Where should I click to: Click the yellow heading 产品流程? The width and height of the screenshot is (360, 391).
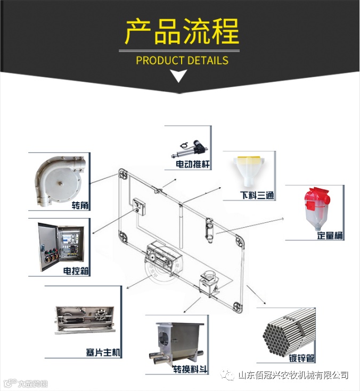(182, 32)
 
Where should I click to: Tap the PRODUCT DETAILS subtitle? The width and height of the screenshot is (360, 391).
(182, 60)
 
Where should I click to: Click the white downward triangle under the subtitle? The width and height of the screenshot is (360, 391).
(180, 77)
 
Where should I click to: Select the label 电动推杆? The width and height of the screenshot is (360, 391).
(193, 165)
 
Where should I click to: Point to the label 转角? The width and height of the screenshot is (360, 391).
(79, 205)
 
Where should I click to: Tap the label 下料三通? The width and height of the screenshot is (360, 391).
(257, 195)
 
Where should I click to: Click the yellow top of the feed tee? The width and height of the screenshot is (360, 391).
(248, 159)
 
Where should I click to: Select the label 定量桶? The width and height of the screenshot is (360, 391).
(330, 235)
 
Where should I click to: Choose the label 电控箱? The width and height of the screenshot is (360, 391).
(76, 271)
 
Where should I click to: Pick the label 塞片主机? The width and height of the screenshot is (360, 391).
(103, 353)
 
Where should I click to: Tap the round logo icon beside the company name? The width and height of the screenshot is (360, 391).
(228, 376)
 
